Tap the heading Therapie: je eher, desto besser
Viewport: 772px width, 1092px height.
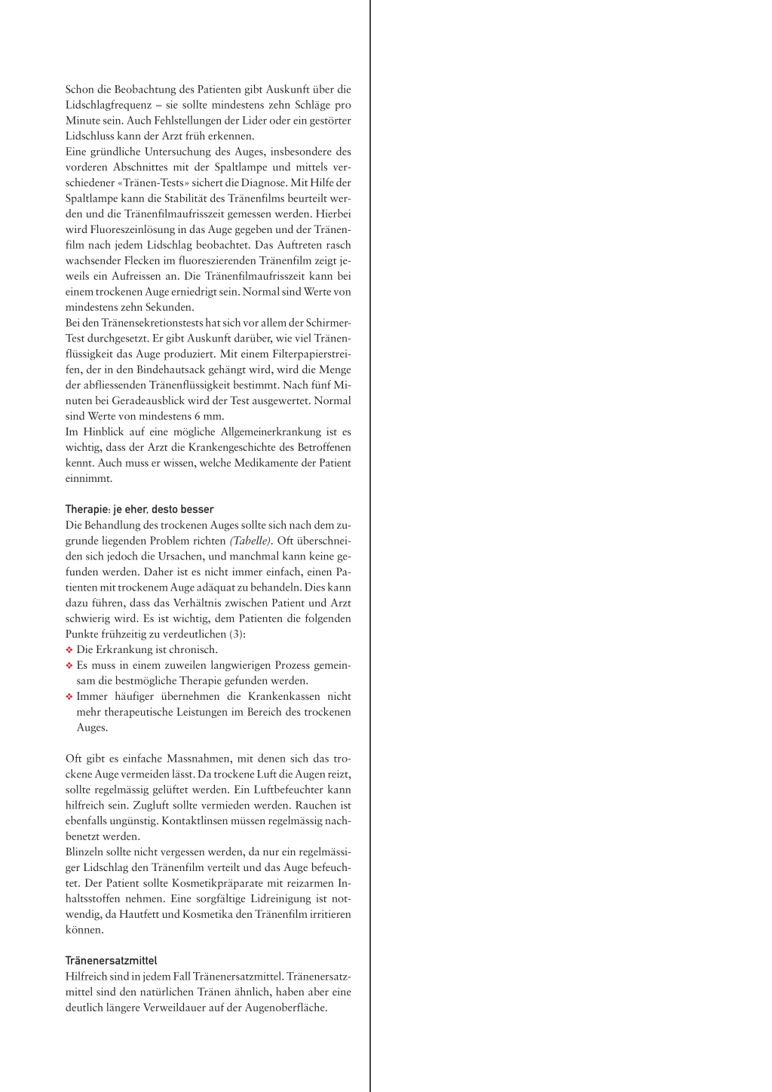pos(139,509)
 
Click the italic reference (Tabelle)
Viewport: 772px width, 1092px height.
pos(250,541)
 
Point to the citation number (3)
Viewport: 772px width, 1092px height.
pos(236,634)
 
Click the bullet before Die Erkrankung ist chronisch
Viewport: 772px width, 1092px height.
pos(69,649)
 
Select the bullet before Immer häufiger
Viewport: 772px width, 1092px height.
pos(69,696)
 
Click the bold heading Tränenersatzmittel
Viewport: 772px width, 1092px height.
pos(111,961)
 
